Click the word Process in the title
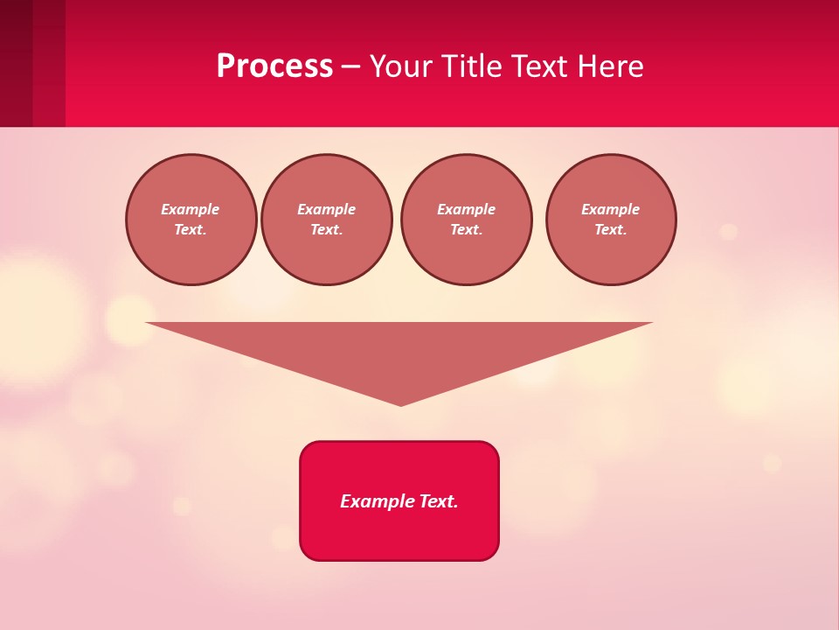click(274, 66)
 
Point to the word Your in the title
click(402, 66)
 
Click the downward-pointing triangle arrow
click(400, 350)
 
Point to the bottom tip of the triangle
click(400, 403)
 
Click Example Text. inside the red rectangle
click(399, 501)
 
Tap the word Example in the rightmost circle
click(610, 209)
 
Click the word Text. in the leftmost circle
click(191, 229)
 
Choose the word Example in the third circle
click(466, 209)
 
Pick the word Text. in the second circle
click(326, 229)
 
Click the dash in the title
click(350, 66)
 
